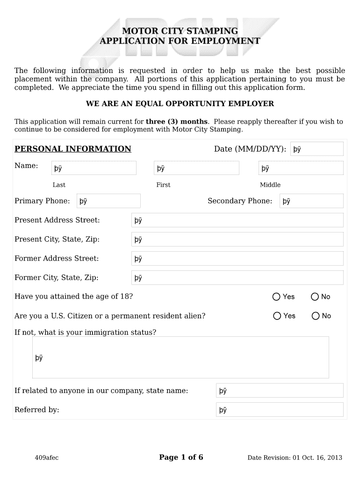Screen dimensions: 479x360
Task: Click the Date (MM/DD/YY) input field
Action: [x=317, y=149]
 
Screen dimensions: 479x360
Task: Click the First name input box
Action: [x=196, y=168]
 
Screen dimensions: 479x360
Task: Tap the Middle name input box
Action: [x=301, y=168]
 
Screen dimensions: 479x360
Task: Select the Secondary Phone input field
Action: [x=311, y=201]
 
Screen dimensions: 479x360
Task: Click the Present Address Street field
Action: [x=237, y=220]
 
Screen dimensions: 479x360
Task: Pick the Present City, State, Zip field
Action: [x=237, y=239]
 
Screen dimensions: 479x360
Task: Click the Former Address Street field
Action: [x=237, y=259]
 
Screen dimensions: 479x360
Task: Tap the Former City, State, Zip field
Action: [x=237, y=278]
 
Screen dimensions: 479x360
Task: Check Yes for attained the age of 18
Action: [x=276, y=297]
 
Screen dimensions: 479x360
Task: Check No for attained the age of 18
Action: [x=315, y=297]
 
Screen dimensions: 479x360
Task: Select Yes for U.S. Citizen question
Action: [x=277, y=316]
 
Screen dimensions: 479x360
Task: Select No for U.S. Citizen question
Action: [x=315, y=316]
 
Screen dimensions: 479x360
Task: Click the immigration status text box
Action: [x=180, y=357]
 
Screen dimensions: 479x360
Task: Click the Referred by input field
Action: [x=280, y=410]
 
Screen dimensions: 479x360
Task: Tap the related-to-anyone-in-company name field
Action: [x=280, y=391]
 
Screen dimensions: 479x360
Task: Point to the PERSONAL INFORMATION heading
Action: [x=73, y=149]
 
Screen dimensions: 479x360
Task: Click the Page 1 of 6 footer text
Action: [x=181, y=457]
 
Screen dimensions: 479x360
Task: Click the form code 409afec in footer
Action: [x=47, y=457]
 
